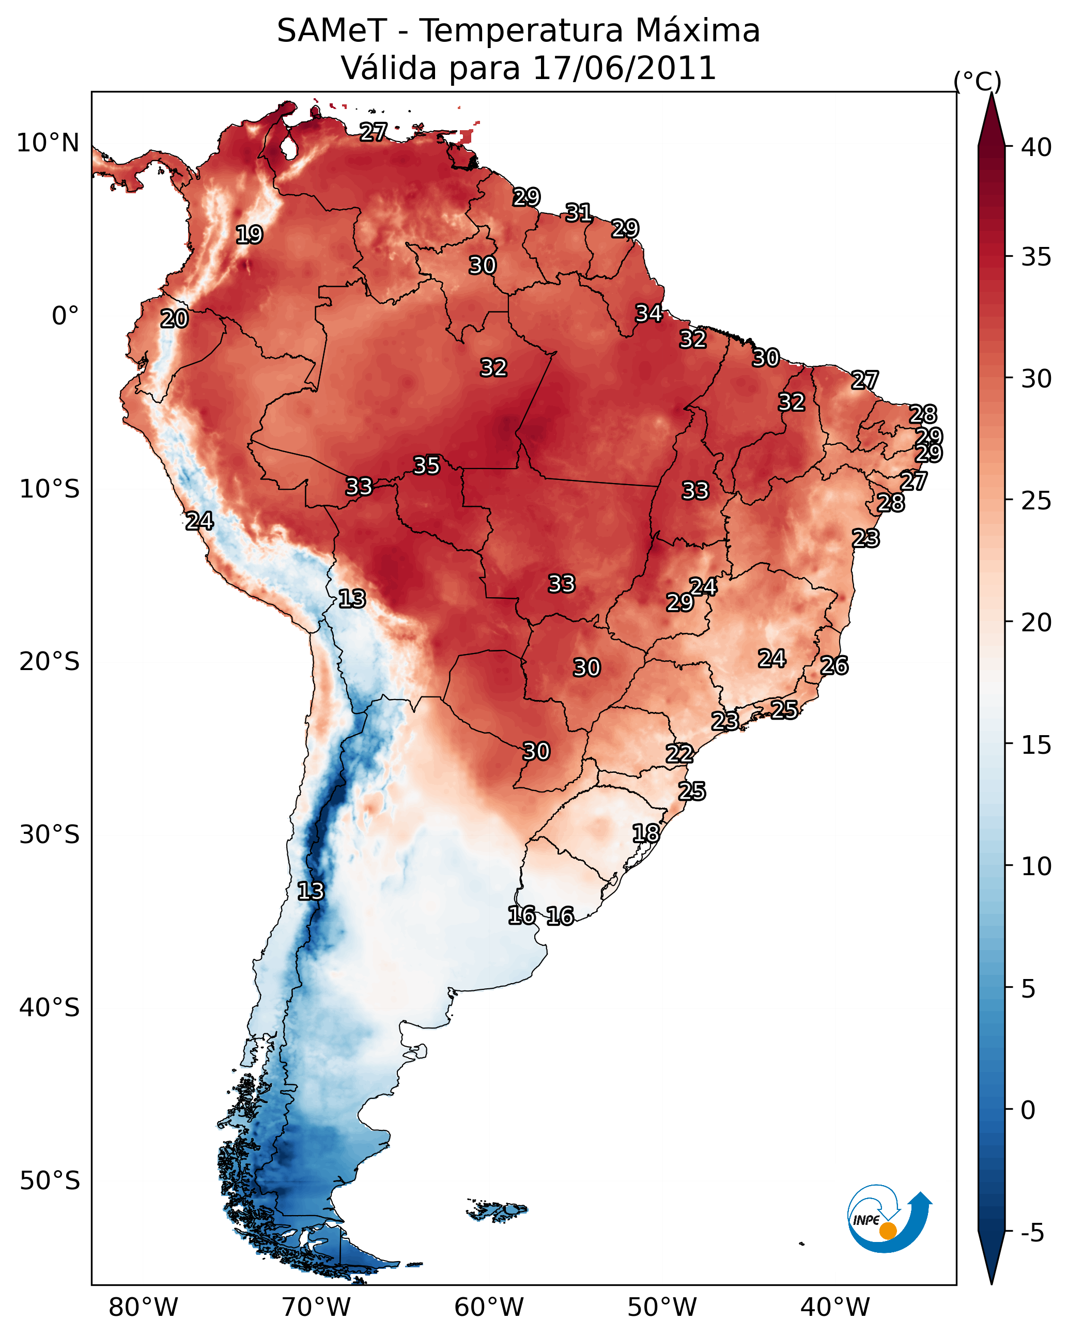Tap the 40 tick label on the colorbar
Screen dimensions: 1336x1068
1036,147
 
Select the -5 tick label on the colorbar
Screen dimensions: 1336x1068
1031,1233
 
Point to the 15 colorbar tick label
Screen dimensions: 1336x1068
1036,745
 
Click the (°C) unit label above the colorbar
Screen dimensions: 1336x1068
978,81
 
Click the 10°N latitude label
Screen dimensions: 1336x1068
48,143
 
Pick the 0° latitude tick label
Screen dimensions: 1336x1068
65,316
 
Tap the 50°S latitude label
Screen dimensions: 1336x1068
50,1181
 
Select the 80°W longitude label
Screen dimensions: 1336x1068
143,1308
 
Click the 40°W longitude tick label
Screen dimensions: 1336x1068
835,1308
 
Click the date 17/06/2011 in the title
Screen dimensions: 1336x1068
624,68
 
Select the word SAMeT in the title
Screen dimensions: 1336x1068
332,31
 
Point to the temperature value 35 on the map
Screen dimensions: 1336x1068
426,465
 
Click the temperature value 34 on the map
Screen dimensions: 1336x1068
649,314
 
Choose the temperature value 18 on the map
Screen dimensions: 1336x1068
646,833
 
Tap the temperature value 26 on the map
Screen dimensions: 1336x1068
834,666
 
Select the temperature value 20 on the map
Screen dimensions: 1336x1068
174,319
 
